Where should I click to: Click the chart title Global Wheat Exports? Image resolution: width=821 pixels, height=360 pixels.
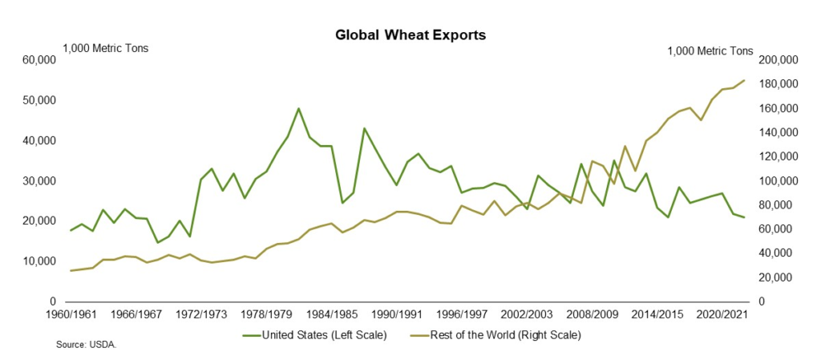coord(410,35)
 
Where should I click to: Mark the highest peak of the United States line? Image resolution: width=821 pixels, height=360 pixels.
coord(298,108)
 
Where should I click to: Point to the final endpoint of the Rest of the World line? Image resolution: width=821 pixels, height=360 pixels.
coord(745,80)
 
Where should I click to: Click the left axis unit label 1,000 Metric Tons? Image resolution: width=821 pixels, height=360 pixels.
coord(106,48)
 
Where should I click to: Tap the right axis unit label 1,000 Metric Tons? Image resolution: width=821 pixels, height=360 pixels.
coord(710,51)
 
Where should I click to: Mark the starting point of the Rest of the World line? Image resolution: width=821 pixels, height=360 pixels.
coord(71,271)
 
